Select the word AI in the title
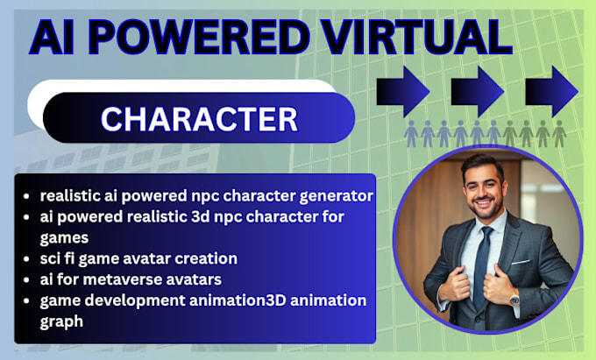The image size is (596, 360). pyautogui.click(x=57, y=39)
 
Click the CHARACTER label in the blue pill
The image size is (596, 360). pyautogui.click(x=198, y=118)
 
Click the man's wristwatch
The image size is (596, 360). pyautogui.click(x=514, y=299)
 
